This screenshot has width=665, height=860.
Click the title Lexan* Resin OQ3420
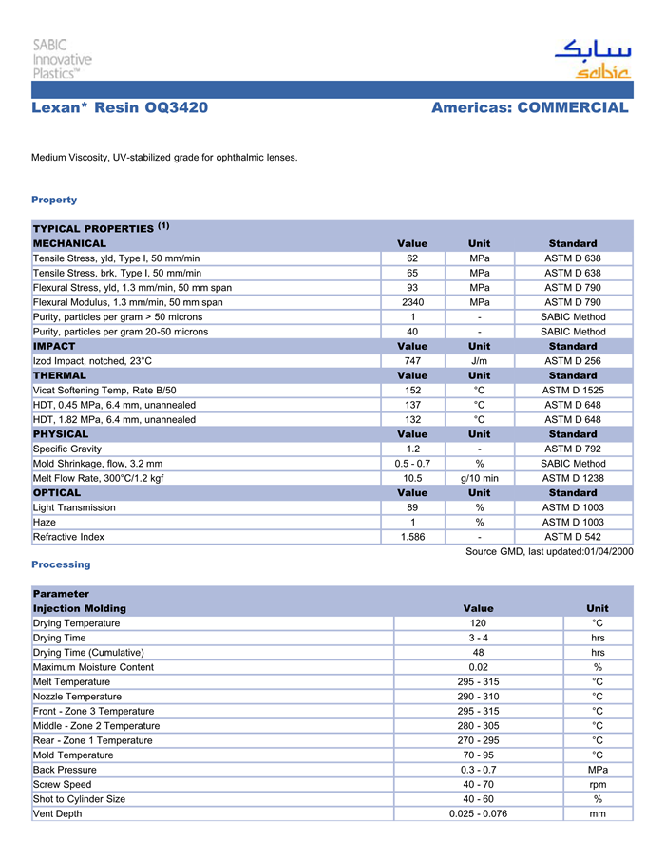(120, 107)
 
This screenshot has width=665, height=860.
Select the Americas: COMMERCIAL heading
(529, 107)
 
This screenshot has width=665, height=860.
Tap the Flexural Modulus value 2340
(412, 302)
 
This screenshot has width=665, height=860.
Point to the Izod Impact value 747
(412, 361)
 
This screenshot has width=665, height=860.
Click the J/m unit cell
(479, 361)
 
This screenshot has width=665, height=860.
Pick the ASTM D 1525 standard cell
(573, 391)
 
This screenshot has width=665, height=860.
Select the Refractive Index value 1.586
(412, 537)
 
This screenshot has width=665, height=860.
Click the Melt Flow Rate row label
(98, 478)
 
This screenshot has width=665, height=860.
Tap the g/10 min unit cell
(479, 478)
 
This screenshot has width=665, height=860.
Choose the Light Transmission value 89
(412, 507)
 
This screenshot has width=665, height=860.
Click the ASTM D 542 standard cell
(573, 537)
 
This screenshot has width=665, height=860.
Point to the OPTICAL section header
(57, 493)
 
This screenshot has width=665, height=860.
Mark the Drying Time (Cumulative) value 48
(478, 653)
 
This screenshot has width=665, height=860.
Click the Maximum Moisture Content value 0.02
(478, 667)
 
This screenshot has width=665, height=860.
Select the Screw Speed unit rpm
(598, 785)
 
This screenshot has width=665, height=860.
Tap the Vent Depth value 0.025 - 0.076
(478, 813)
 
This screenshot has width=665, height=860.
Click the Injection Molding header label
(79, 608)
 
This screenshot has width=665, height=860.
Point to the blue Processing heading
(61, 564)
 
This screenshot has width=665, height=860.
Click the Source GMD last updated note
(549, 552)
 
